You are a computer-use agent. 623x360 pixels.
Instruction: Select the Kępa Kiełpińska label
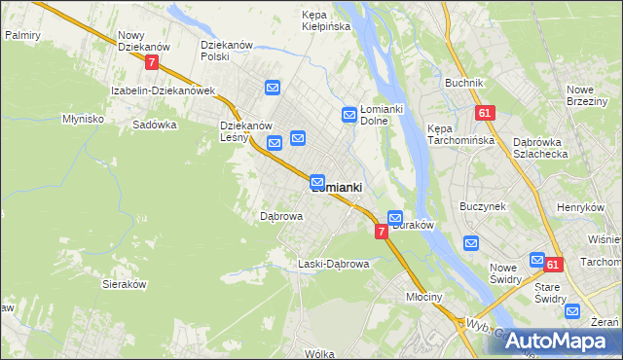click(x=326, y=20)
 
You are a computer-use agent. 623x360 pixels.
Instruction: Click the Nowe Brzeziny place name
click(x=587, y=96)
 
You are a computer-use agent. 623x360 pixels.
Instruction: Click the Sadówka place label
click(x=154, y=125)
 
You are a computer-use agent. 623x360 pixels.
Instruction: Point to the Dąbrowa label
click(x=281, y=216)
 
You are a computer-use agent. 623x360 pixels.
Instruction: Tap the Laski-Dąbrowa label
click(x=333, y=264)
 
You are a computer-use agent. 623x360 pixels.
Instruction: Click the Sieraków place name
click(x=124, y=284)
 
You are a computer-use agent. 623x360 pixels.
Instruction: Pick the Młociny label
click(x=425, y=298)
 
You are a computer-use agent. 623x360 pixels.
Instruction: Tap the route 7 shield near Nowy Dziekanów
click(x=151, y=61)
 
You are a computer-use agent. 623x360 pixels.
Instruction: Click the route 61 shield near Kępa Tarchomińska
click(x=485, y=113)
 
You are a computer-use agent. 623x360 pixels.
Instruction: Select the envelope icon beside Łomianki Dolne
click(x=349, y=115)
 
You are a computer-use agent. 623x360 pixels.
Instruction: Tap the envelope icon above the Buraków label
click(x=395, y=217)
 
